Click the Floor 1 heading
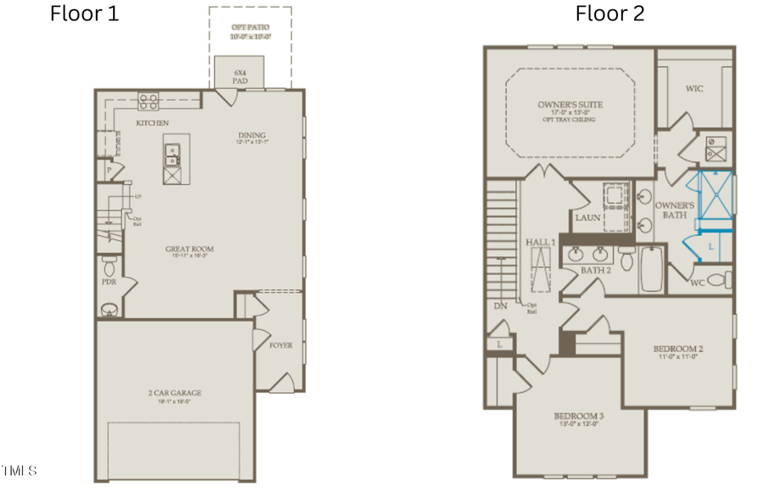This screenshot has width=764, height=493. (85, 14)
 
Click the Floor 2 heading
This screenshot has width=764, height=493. (610, 14)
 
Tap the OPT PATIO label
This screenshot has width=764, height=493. (250, 28)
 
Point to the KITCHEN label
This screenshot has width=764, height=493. (153, 123)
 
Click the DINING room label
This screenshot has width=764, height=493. (251, 135)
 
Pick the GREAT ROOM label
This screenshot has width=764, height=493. (189, 249)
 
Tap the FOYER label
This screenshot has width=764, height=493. (281, 345)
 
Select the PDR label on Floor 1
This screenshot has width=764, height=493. (108, 281)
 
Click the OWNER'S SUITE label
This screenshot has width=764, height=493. (570, 104)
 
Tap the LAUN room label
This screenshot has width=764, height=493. (587, 217)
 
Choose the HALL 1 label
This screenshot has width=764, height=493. (540, 243)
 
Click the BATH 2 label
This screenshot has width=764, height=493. (596, 270)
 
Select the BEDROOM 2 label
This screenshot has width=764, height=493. (677, 349)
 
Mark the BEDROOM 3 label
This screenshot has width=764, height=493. (578, 416)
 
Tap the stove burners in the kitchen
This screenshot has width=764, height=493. (148, 102)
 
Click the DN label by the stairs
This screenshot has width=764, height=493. (499, 305)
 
